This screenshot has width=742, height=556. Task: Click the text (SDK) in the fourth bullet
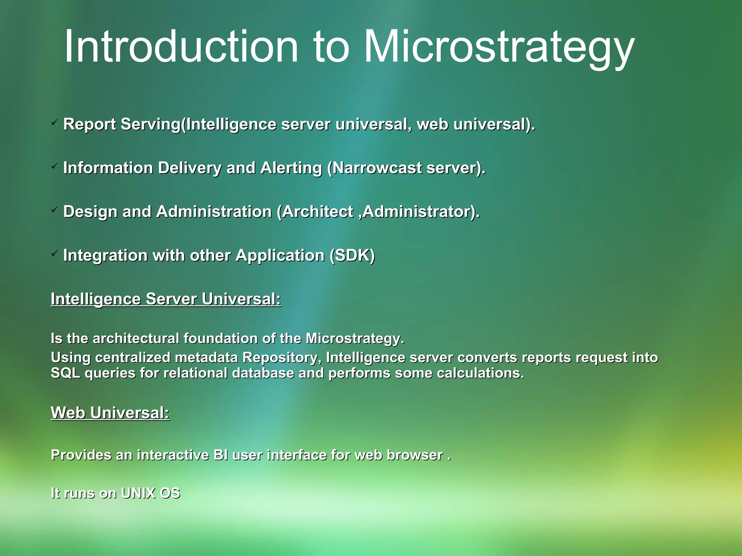tap(352, 256)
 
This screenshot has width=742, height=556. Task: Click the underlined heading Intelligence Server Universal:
tap(166, 299)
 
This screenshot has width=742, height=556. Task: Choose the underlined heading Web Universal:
tap(110, 413)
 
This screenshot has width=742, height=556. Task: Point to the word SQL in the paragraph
tap(65, 373)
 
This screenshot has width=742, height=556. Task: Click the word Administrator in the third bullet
tap(421, 212)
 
